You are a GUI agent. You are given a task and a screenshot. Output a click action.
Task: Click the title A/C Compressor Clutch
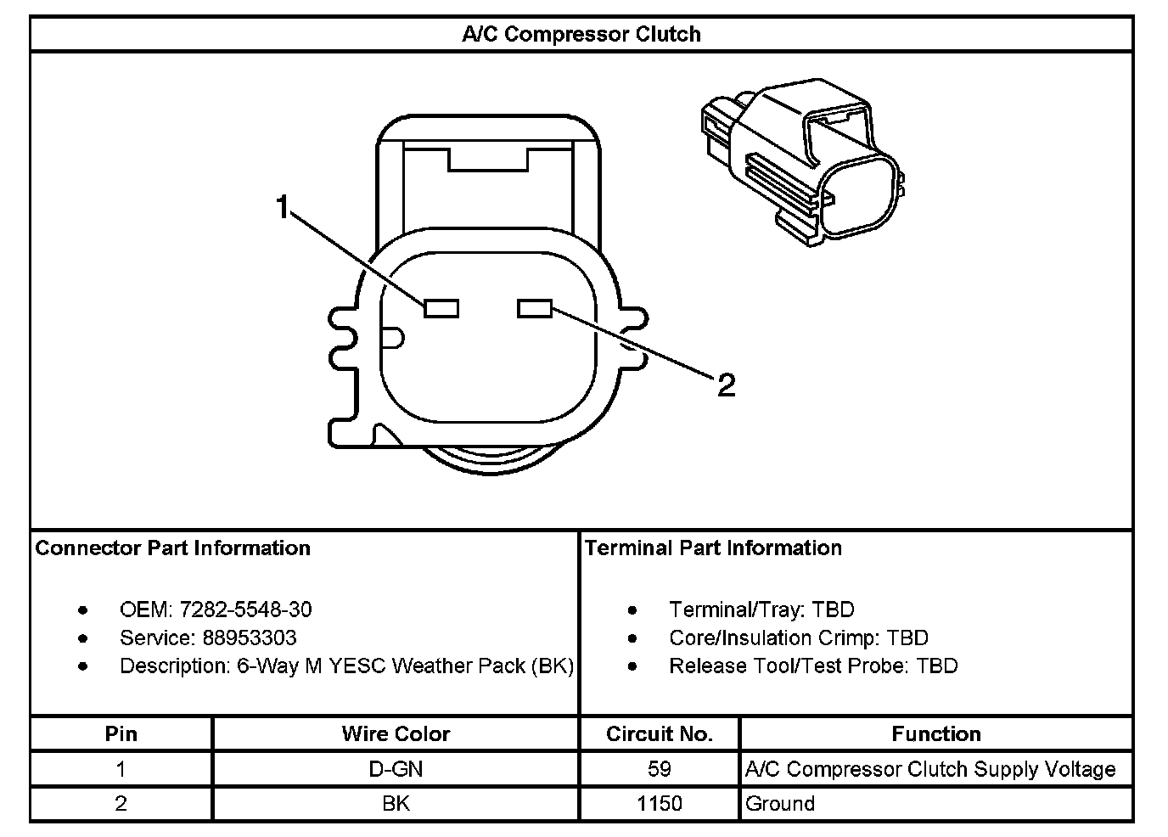[581, 35]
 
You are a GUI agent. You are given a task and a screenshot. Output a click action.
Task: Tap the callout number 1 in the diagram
[284, 205]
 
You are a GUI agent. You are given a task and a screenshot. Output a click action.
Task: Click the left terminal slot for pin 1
[441, 307]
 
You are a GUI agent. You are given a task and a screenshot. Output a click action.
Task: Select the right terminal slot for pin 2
[535, 307]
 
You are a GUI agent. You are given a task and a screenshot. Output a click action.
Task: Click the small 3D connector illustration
[802, 161]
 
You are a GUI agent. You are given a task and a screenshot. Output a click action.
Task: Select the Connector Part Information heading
[173, 548]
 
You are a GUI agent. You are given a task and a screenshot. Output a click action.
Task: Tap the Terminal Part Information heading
[713, 548]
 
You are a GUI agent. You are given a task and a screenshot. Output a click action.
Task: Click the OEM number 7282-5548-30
[245, 609]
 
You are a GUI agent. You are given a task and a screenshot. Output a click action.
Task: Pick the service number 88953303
[250, 638]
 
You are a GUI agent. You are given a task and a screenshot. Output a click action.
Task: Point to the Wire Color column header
[396, 733]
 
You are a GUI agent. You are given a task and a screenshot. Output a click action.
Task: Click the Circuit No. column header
[660, 733]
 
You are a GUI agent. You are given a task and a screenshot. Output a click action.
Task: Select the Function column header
[936, 733]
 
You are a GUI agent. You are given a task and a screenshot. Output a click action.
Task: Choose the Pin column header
[121, 733]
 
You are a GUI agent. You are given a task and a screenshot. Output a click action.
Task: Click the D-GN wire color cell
[396, 769]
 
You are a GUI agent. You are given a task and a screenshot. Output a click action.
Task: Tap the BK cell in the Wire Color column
[396, 803]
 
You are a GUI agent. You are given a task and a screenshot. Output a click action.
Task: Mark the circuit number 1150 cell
[660, 803]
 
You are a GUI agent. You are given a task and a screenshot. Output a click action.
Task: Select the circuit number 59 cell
[660, 769]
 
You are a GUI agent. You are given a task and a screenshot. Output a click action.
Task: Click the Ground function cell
[780, 803]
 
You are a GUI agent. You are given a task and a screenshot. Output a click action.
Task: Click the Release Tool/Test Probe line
[813, 666]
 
